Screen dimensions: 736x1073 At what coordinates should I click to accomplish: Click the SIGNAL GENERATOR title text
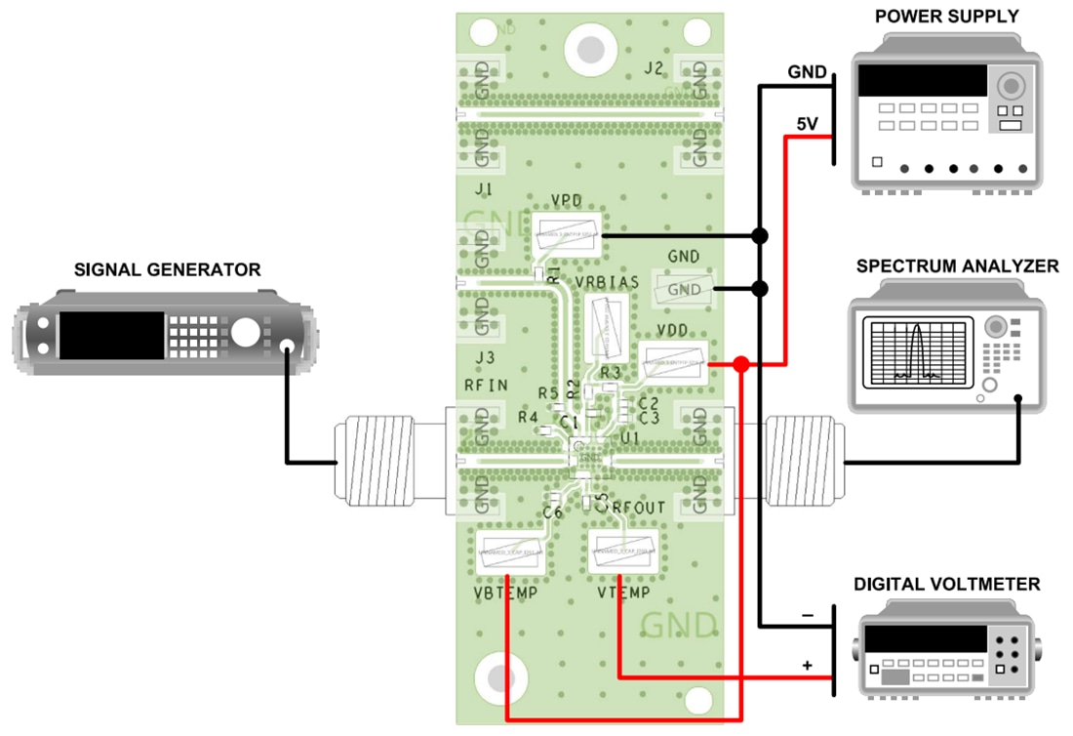coord(168,269)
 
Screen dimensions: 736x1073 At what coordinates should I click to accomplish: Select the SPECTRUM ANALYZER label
coord(957,266)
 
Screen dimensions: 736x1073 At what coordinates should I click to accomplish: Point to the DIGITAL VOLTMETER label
coord(947,585)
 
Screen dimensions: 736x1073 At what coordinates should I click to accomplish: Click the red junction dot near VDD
coord(741,365)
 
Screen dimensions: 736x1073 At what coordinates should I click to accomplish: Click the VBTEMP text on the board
coord(505,593)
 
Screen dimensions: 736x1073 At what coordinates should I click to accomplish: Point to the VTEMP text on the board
coord(625,593)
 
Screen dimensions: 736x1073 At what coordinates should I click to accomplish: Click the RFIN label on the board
coord(486,386)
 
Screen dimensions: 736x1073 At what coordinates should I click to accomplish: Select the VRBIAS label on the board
coord(607,282)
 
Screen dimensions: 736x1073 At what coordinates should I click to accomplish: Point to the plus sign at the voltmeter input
coord(807,666)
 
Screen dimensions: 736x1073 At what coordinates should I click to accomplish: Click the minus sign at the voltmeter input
coord(807,616)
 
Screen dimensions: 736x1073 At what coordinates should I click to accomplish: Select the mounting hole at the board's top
coord(589,48)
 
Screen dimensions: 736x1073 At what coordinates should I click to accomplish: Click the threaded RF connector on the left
coord(378,461)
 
